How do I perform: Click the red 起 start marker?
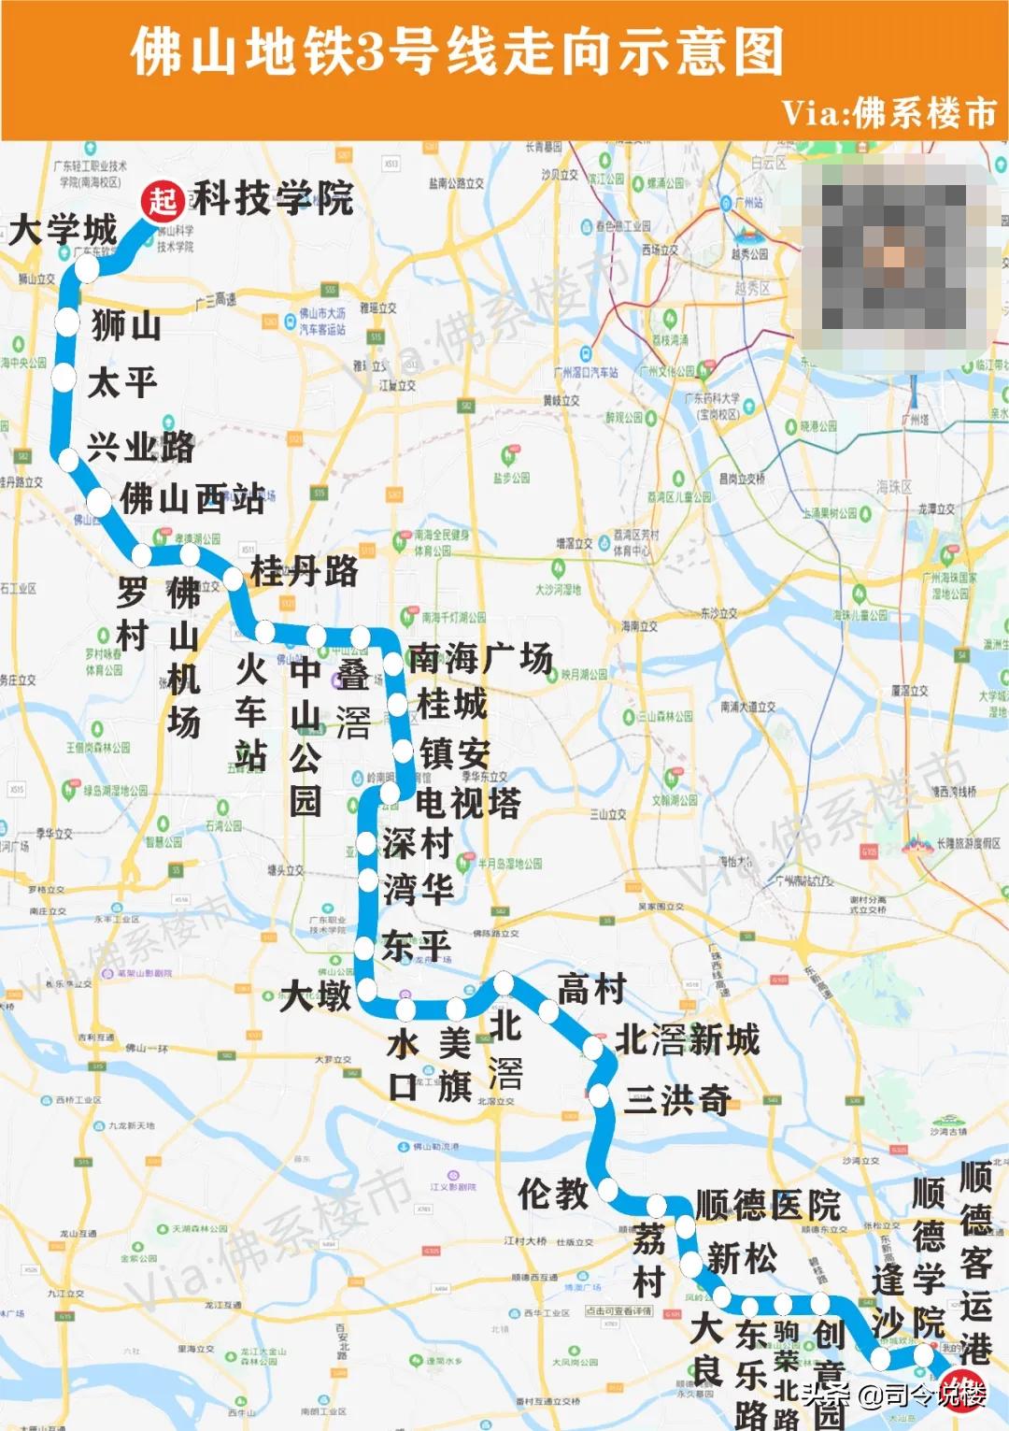pyautogui.click(x=163, y=199)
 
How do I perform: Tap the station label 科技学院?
pyautogui.click(x=273, y=198)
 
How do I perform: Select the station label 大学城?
pyautogui.click(x=63, y=229)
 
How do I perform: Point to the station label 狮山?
pyautogui.click(x=126, y=325)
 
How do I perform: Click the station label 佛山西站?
pyautogui.click(x=192, y=498)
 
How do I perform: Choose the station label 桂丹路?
pyautogui.click(x=305, y=570)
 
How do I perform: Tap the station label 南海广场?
pyautogui.click(x=480, y=658)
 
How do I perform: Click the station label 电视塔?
pyautogui.click(x=468, y=802)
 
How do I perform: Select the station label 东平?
pyautogui.click(x=416, y=945)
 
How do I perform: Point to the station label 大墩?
pyautogui.click(x=316, y=995)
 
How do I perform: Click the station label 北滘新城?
pyautogui.click(x=688, y=1038)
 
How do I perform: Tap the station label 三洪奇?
pyautogui.click(x=677, y=1100)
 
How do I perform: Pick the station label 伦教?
pyautogui.click(x=553, y=1193)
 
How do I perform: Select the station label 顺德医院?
pyautogui.click(x=768, y=1205)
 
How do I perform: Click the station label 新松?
pyautogui.click(x=742, y=1258)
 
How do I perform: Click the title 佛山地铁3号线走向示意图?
pyautogui.click(x=457, y=51)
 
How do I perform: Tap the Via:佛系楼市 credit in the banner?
pyautogui.click(x=888, y=113)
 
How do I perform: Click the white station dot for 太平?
pyautogui.click(x=64, y=379)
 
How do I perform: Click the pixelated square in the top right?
pyautogui.click(x=894, y=255)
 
